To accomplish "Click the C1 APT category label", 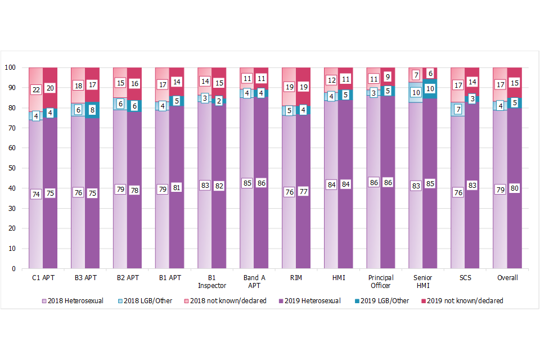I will (43, 277).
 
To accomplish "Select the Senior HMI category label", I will (423, 281).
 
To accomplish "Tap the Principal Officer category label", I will (381, 281).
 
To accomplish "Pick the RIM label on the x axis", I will (296, 277).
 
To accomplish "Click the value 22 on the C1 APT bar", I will (35, 89).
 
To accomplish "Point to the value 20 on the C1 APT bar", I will (50, 88).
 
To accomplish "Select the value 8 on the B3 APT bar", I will (92, 110).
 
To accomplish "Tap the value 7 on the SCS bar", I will (458, 109).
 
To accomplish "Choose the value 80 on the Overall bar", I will (515, 188).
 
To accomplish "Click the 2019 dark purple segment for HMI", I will (345, 225).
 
